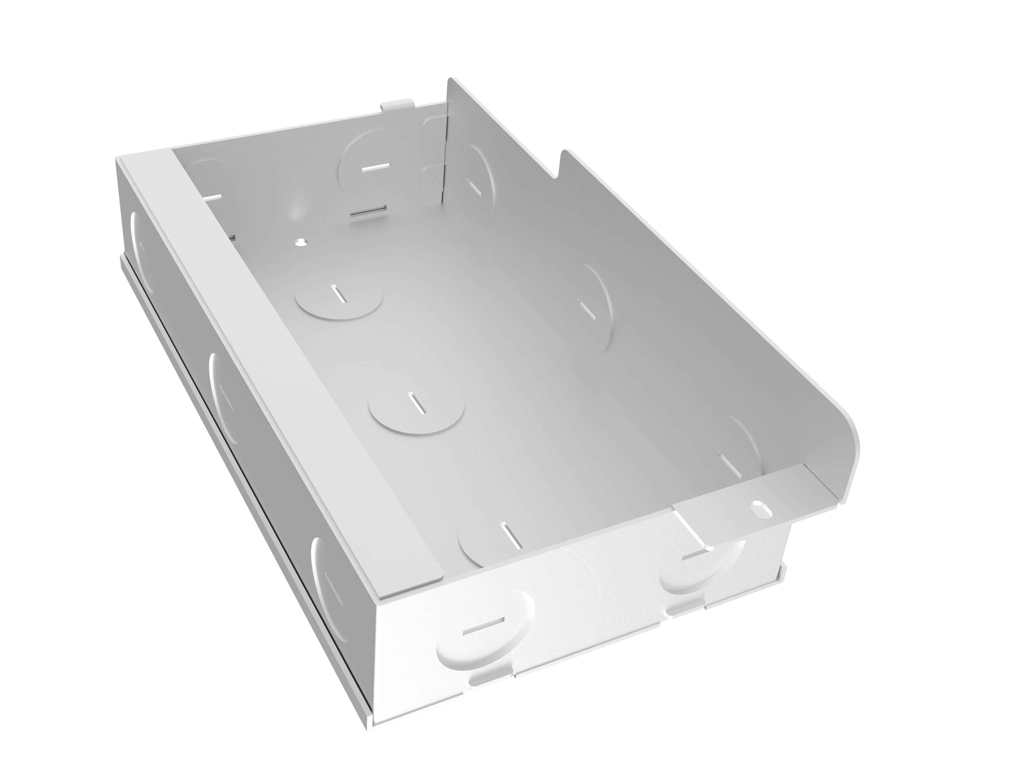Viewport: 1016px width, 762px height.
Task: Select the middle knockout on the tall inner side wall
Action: coord(592,305)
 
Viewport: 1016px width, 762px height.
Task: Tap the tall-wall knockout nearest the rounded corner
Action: coord(735,448)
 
